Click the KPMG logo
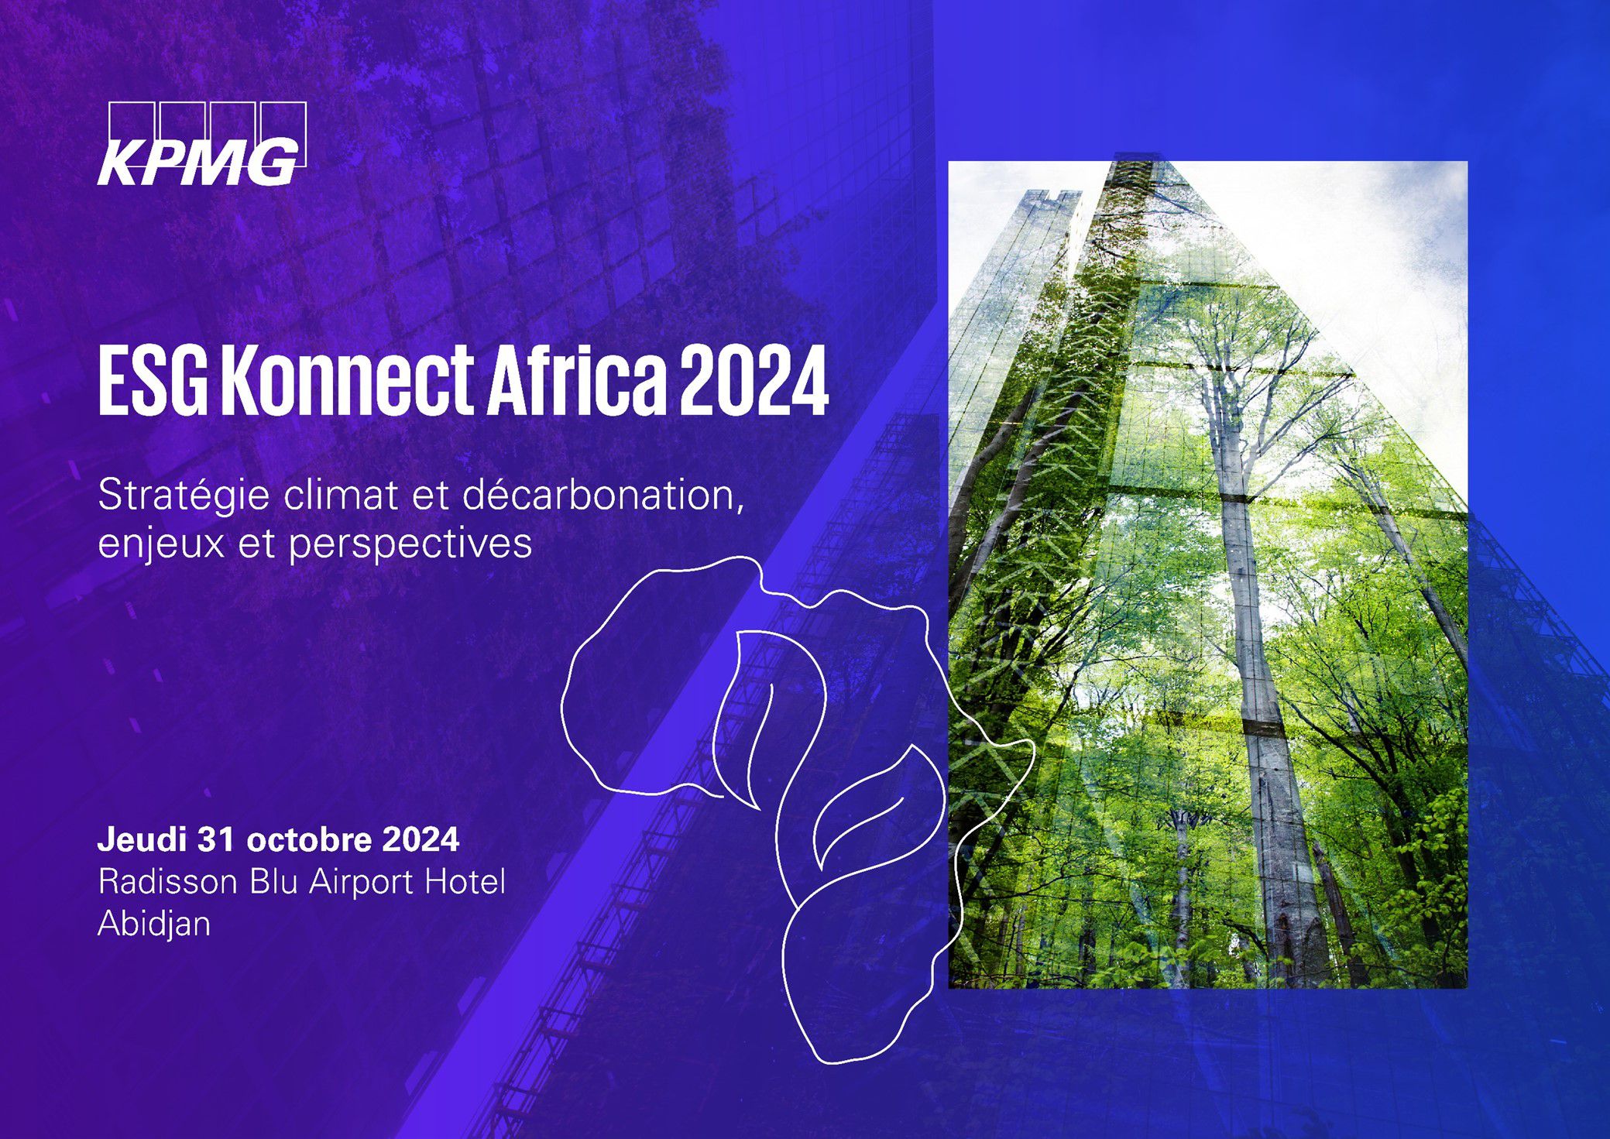(x=202, y=144)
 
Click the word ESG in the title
(x=153, y=383)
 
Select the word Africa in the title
(x=575, y=382)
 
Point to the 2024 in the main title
(x=754, y=383)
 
